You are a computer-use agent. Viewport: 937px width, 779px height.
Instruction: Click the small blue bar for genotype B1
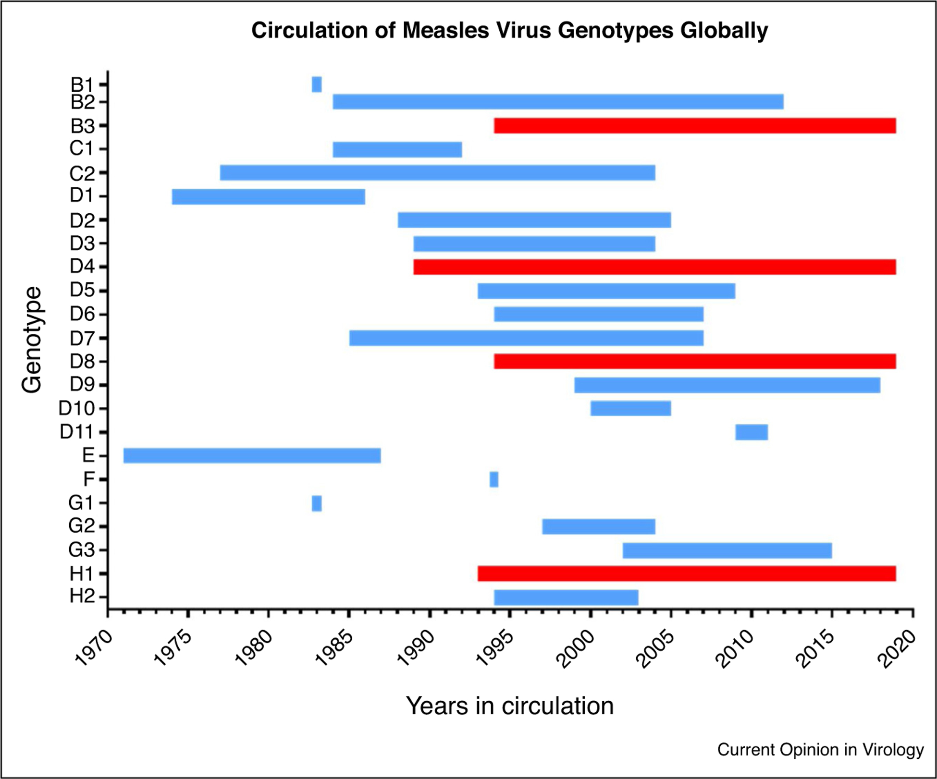(x=317, y=84)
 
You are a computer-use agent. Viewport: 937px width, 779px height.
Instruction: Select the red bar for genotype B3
(x=695, y=125)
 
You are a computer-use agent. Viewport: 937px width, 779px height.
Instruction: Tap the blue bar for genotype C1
(x=397, y=149)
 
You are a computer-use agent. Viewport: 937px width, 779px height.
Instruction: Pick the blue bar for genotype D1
(x=268, y=197)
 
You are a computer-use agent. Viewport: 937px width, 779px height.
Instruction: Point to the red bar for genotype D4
(x=654, y=267)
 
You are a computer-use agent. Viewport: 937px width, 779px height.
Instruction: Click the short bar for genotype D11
(x=752, y=432)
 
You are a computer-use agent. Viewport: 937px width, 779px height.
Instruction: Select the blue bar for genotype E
(x=252, y=455)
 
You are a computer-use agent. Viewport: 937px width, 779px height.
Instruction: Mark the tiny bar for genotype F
(x=494, y=479)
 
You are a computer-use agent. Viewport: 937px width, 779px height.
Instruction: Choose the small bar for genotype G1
(x=317, y=503)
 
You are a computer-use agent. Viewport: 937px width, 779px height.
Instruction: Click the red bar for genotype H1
(x=687, y=573)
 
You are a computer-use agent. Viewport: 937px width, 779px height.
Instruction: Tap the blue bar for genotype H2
(x=566, y=597)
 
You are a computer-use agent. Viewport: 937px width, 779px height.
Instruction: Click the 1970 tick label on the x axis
(x=95, y=648)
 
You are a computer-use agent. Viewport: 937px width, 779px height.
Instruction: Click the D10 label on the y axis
(x=76, y=408)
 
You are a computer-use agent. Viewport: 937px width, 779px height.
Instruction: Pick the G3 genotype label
(x=81, y=550)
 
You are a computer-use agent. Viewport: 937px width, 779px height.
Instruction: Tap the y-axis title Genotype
(x=32, y=340)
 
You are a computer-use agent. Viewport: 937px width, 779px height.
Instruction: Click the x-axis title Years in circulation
(x=510, y=706)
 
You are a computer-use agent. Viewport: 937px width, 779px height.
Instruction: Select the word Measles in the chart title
(x=446, y=30)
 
